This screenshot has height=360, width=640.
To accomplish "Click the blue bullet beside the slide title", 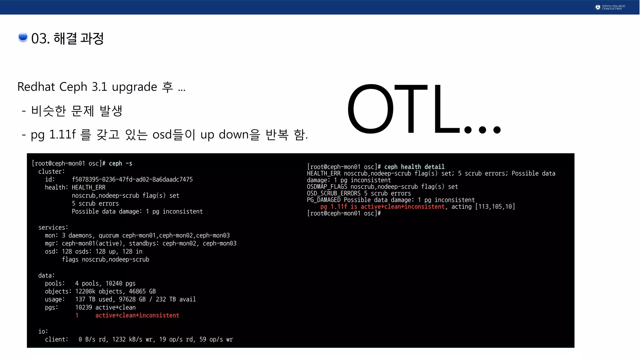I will tap(23, 37).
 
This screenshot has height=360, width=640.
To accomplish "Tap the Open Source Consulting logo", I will tap(610, 7).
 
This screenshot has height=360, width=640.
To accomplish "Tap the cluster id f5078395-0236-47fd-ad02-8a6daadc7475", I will tap(132, 179).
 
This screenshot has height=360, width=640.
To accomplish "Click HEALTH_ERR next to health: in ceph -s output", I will tap(89, 187).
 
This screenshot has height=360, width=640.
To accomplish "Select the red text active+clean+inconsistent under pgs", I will tap(137, 315).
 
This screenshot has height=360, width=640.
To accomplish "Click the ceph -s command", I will tap(121, 163).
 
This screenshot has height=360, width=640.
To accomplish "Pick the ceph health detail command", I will tap(414, 167).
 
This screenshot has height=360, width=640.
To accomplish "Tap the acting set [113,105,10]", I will tap(495, 207).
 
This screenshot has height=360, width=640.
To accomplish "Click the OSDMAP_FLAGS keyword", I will tap(327, 187).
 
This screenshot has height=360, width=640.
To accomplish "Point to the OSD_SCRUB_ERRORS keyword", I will tap(333, 193).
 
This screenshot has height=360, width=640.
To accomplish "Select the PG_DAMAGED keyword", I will tap(323, 200).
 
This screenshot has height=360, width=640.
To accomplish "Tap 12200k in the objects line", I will tap(85, 291).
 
